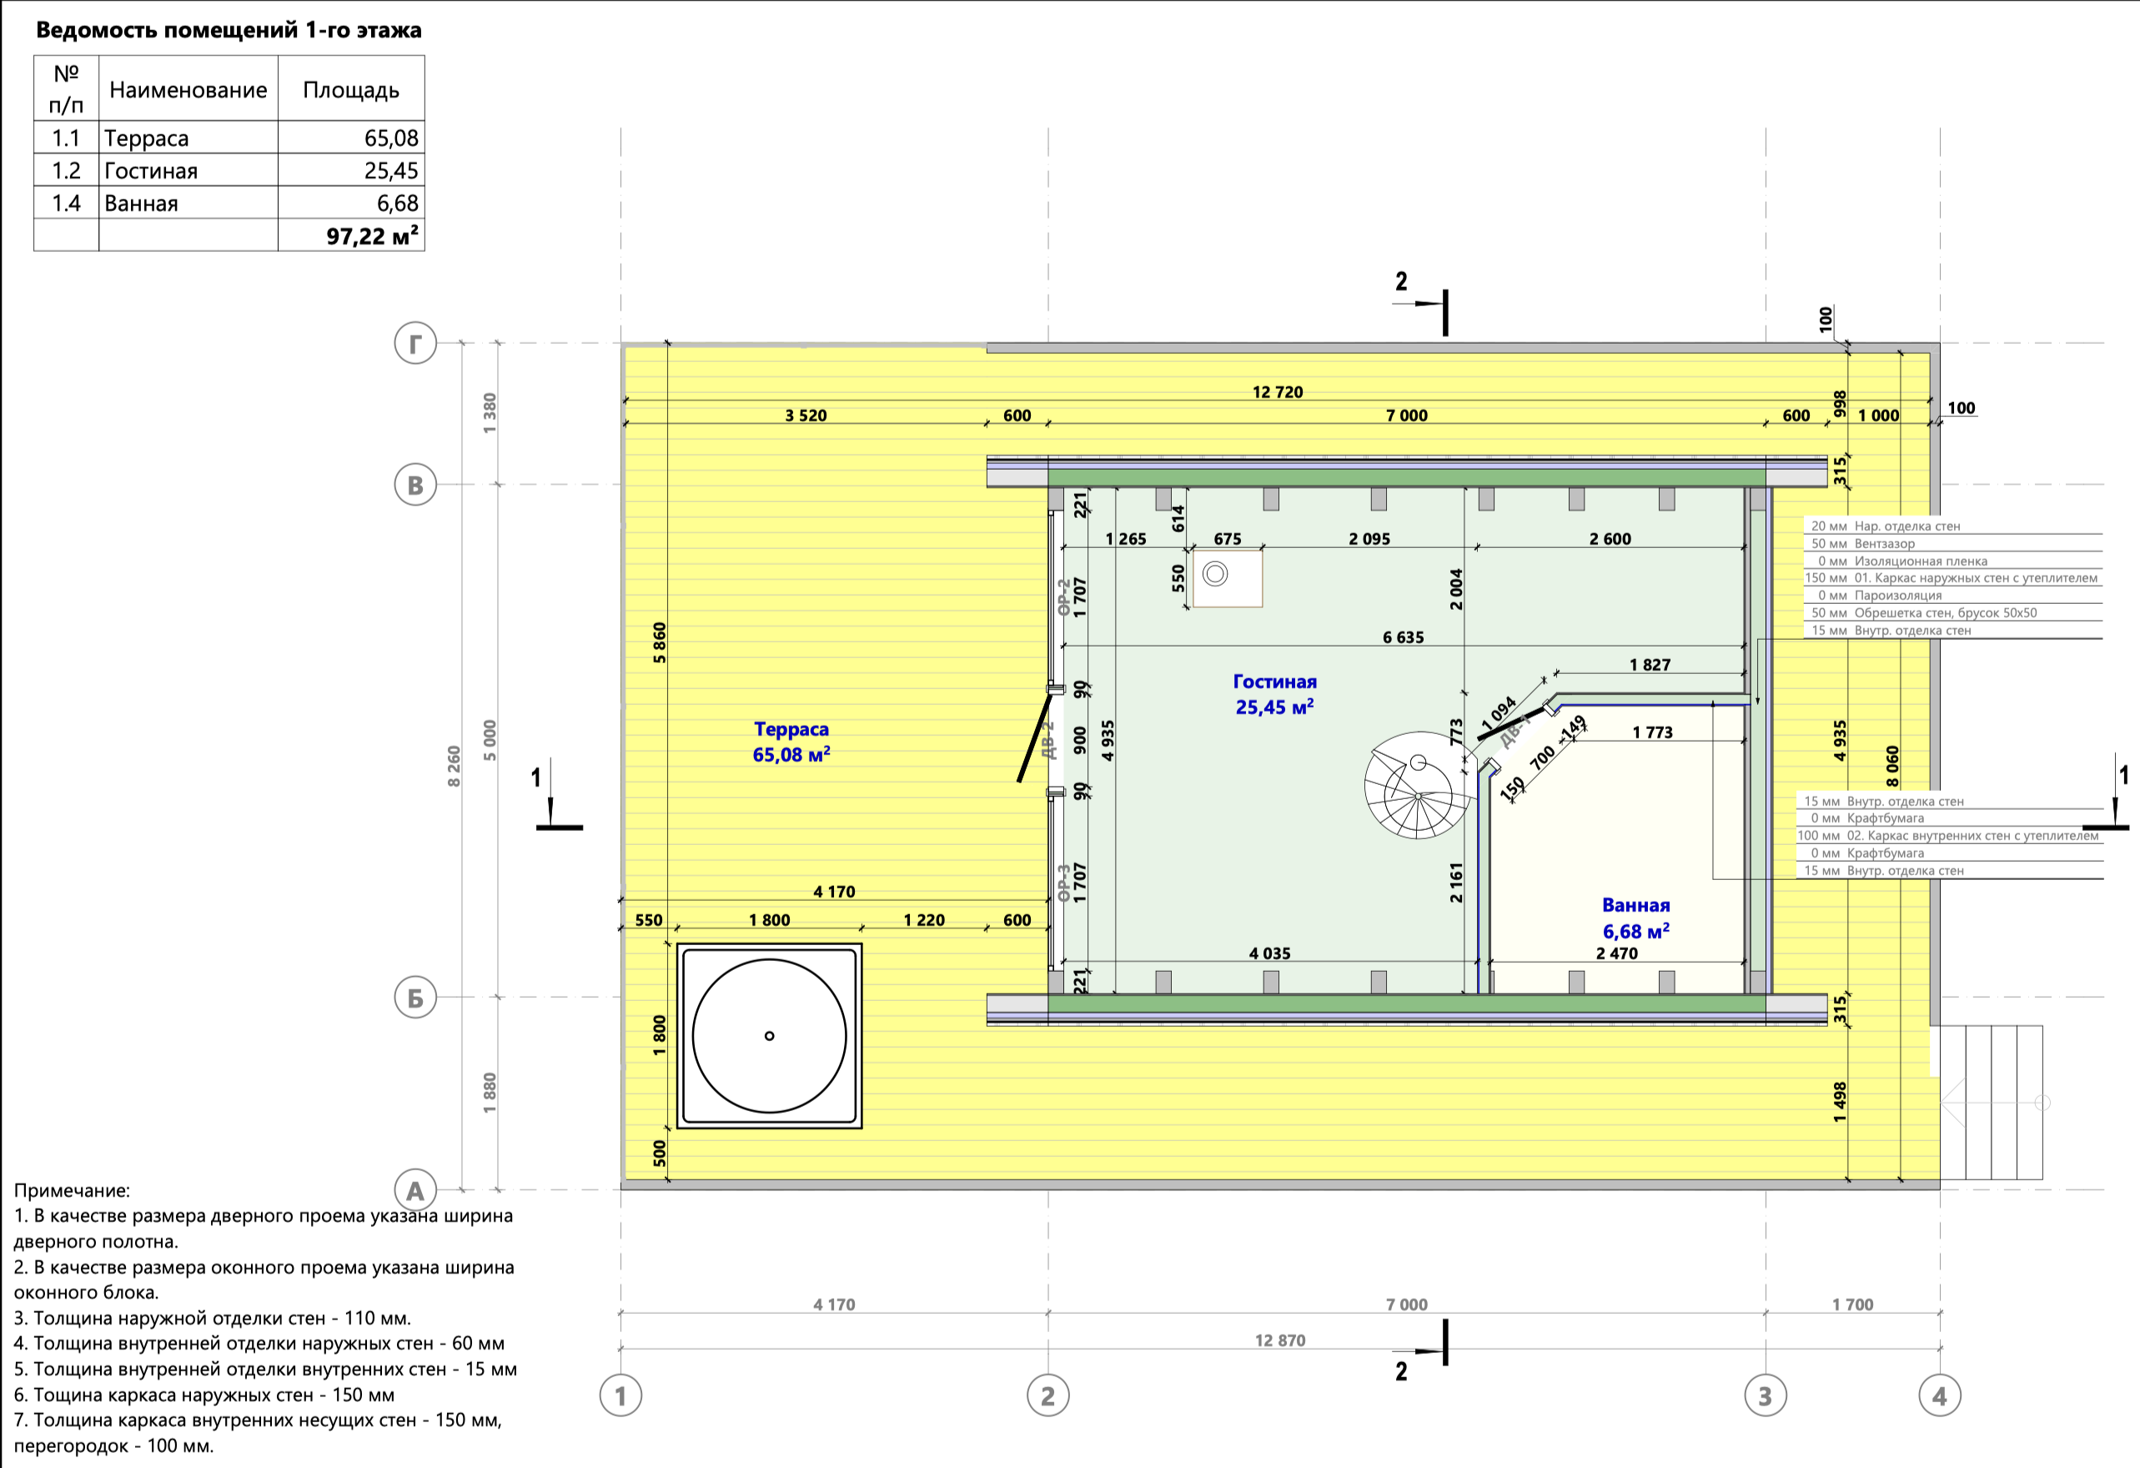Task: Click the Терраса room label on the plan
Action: click(x=791, y=729)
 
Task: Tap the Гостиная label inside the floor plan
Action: click(x=1274, y=682)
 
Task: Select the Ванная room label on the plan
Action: click(x=1635, y=905)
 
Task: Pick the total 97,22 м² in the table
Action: click(x=372, y=236)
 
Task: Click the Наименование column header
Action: click(x=188, y=90)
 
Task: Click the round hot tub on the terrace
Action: click(x=769, y=1035)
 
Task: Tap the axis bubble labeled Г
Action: click(x=415, y=344)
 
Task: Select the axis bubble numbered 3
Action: click(x=1766, y=1396)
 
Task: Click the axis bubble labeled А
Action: click(x=415, y=1190)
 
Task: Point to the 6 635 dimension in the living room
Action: click(x=1404, y=637)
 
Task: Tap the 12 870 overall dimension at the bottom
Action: click(x=1280, y=1341)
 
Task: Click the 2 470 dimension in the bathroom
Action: click(x=1617, y=954)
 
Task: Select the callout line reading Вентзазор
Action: click(x=1952, y=543)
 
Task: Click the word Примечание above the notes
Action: click(x=72, y=1190)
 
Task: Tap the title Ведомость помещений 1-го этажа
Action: click(x=229, y=30)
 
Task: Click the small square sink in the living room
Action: click(x=1228, y=578)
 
